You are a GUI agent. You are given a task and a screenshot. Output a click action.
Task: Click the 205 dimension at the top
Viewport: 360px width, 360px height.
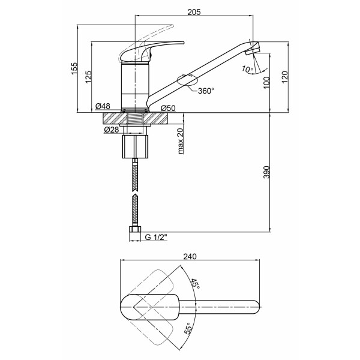coord(194,12)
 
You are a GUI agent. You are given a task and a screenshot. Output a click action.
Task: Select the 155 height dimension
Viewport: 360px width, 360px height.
coord(74,68)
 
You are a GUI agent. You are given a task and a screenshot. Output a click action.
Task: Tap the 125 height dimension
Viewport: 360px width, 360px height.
coord(88,77)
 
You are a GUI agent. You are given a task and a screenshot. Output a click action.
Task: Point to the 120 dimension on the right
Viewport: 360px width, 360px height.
coord(284,77)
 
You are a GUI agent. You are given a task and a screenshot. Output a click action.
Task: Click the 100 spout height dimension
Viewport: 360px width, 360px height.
coord(266,83)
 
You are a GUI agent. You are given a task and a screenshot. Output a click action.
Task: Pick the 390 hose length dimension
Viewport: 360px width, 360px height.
coord(266,172)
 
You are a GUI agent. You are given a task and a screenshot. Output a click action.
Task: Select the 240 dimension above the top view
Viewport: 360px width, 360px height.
coord(190,256)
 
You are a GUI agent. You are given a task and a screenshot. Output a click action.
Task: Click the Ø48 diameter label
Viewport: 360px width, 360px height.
coord(103,106)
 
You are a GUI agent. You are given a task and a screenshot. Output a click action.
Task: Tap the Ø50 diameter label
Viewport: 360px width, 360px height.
coord(168,108)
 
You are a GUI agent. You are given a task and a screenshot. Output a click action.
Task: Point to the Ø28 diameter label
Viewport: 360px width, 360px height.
coord(112,130)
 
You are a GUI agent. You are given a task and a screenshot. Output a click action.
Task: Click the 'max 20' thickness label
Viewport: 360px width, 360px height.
coord(181,140)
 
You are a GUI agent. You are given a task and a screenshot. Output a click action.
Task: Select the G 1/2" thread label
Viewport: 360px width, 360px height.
coord(156,237)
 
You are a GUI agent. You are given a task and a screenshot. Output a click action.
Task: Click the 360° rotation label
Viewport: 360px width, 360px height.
coord(206,91)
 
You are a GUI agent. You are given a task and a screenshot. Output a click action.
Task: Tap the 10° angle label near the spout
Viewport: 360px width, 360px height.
coord(247,69)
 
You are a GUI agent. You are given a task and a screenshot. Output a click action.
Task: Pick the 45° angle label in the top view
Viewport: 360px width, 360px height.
coord(196,284)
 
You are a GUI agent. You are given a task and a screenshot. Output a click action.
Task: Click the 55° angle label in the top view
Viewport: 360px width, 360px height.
coord(188,328)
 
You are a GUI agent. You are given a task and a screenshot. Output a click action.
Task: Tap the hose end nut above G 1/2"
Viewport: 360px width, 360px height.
coord(135,229)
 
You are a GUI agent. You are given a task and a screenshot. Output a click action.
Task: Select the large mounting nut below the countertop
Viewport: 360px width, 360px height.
coord(135,147)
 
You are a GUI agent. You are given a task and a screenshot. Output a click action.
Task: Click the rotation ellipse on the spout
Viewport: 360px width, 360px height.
coord(187,80)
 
